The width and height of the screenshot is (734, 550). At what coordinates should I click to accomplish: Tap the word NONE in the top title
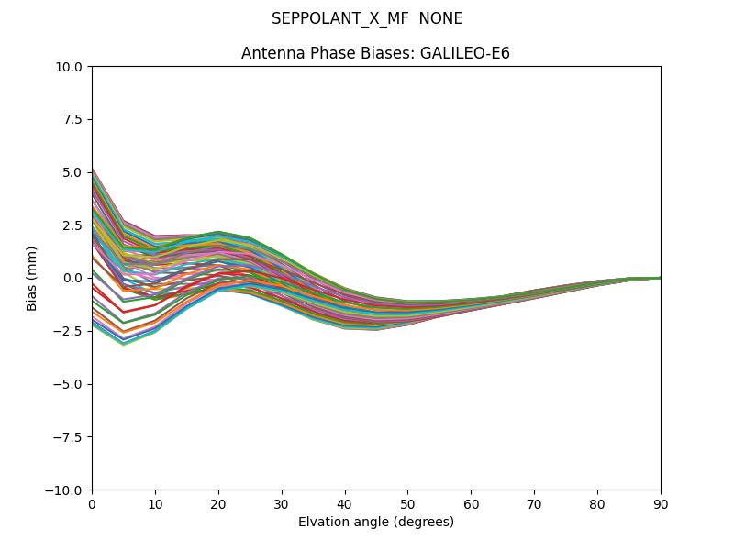point(440,19)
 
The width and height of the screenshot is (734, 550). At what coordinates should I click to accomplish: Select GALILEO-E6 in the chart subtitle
point(465,54)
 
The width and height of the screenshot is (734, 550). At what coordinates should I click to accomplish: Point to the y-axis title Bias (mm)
point(32,278)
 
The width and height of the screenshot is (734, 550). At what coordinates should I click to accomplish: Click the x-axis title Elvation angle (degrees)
point(376,522)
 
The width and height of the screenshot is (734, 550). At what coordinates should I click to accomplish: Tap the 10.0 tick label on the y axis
point(71,67)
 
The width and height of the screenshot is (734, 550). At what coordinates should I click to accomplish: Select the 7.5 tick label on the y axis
point(73,119)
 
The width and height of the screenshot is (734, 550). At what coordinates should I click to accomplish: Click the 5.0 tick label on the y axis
point(73,172)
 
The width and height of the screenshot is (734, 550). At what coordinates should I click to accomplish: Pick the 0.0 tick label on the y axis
point(73,278)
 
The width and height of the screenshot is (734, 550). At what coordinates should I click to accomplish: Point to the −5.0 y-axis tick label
point(70,384)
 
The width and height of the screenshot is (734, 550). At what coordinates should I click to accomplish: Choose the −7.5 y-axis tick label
point(70,437)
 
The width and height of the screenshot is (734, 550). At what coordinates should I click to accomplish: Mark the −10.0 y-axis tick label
point(66,490)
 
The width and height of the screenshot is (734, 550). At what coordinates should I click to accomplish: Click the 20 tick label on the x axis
point(218,504)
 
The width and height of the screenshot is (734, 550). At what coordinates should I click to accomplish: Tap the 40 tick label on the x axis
point(345,504)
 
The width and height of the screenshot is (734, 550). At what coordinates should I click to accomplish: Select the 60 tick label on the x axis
point(471,504)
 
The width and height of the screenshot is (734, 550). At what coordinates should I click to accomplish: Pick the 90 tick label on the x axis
point(661,504)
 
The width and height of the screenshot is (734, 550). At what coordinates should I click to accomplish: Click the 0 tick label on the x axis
point(92,504)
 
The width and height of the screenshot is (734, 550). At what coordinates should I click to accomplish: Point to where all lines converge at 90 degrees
point(660,278)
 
